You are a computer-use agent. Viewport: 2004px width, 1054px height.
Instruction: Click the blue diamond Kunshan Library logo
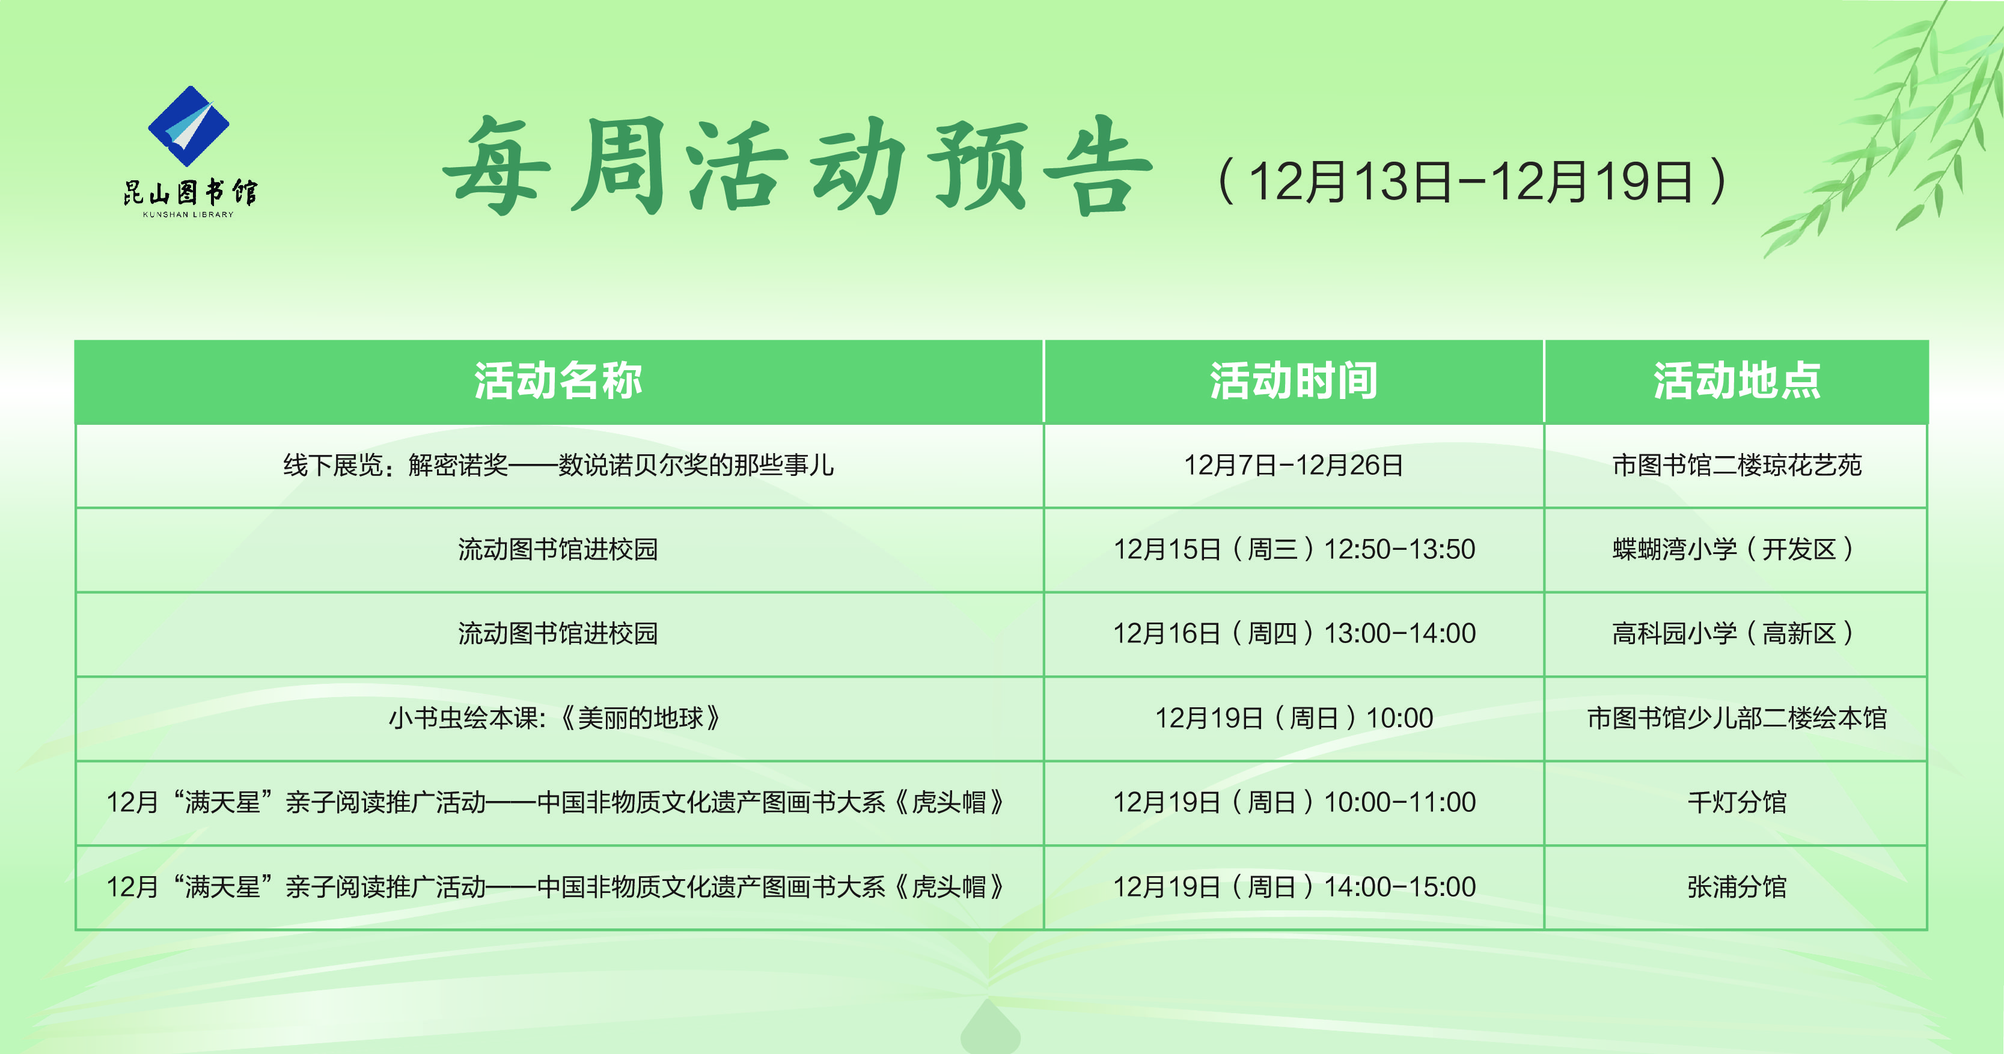point(188,124)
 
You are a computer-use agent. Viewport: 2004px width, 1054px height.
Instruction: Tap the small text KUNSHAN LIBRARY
point(188,215)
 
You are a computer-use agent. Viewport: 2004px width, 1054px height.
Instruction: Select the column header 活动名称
point(558,381)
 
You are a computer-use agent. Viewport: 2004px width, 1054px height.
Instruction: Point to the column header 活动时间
point(1293,381)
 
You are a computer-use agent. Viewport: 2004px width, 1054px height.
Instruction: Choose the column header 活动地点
point(1737,381)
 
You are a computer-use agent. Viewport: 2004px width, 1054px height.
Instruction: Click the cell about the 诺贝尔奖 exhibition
point(558,465)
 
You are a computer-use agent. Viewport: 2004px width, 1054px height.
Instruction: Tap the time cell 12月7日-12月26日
point(1293,465)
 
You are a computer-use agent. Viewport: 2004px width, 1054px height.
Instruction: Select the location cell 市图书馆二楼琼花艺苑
point(1737,465)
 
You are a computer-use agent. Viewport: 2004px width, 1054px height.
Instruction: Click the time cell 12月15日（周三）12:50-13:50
point(1294,549)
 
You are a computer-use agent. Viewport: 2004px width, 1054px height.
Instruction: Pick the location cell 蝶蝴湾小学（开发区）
point(1737,549)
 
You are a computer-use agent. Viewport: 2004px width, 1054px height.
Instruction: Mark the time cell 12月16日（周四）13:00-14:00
point(1294,633)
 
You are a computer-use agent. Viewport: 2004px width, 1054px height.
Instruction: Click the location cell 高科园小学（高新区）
point(1737,633)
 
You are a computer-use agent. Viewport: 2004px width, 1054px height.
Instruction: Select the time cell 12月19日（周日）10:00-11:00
point(1294,802)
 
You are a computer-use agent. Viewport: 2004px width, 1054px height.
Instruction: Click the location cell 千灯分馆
point(1737,802)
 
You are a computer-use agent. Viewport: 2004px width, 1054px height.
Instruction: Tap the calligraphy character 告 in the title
point(1097,167)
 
